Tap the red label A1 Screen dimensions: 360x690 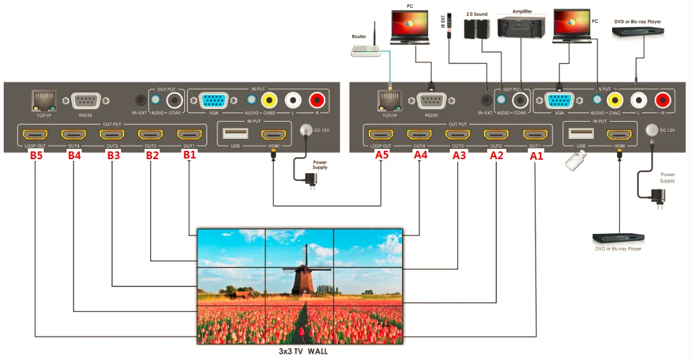537,155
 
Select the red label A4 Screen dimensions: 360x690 419,155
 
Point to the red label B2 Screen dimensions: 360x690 152,155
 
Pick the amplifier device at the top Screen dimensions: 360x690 520,26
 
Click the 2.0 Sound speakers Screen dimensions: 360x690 476,28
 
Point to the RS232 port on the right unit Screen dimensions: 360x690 431,100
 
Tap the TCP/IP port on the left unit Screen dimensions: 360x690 44,100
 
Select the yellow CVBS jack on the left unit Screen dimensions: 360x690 269,100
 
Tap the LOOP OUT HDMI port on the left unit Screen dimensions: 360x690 35,134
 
